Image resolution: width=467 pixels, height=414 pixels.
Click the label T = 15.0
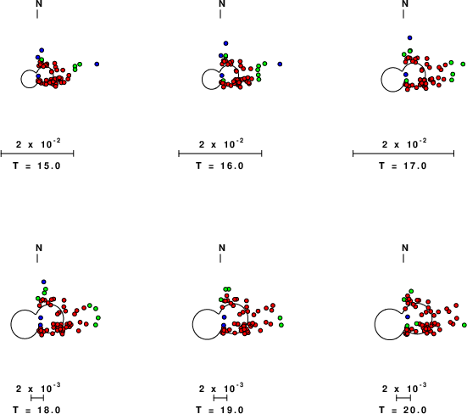(36, 165)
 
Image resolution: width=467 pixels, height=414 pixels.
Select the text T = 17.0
(403, 165)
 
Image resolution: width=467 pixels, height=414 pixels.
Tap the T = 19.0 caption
(220, 410)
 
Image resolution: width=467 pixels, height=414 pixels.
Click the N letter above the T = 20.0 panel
(405, 248)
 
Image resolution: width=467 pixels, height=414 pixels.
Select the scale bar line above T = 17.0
(403, 154)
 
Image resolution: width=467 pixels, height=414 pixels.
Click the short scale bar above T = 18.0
(37, 398)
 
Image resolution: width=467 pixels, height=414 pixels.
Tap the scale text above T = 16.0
(221, 144)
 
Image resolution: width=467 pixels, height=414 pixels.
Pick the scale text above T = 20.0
(404, 389)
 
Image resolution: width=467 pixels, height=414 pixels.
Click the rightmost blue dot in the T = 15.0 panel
(97, 64)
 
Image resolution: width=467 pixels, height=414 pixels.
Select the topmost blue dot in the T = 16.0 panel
(225, 43)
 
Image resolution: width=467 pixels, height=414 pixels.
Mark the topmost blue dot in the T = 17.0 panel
(410, 38)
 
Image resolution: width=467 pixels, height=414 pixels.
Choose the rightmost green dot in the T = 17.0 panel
(463, 64)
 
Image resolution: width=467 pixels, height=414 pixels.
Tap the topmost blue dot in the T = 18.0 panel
(44, 282)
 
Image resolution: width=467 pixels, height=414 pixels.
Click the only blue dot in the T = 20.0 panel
(408, 316)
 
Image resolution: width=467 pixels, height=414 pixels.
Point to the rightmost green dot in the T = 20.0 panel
(464, 325)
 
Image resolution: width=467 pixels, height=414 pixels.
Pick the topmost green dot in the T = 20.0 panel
(411, 291)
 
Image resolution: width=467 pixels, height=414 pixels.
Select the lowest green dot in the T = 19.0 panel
(281, 325)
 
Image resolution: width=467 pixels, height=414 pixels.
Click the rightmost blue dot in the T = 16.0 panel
(280, 64)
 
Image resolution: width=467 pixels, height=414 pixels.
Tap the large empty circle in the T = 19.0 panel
(192, 324)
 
